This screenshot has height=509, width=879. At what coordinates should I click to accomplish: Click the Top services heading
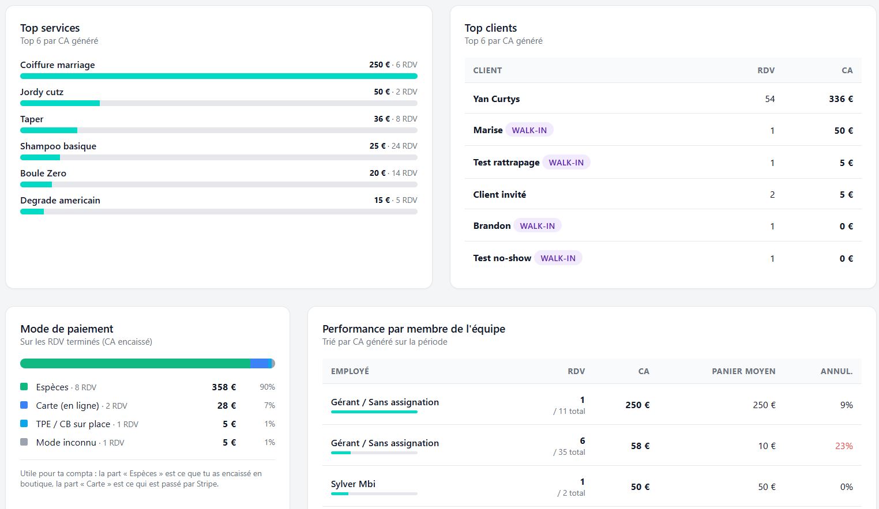[x=50, y=28]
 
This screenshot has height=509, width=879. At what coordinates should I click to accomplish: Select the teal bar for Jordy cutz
[x=60, y=103]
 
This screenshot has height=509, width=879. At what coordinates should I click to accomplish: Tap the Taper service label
[x=32, y=119]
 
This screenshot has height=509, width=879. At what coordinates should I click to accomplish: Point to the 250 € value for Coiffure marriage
[x=380, y=65]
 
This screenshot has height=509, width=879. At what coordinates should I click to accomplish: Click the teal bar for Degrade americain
[x=32, y=212]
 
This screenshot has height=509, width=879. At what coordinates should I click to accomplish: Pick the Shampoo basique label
[x=58, y=146]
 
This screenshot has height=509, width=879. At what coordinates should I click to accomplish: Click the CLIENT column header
[x=487, y=70]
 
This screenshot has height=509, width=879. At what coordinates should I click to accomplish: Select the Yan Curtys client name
[x=497, y=99]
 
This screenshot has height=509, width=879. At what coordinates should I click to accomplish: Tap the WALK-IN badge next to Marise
[x=529, y=130]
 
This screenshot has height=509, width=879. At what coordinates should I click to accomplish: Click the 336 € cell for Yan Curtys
[x=841, y=99]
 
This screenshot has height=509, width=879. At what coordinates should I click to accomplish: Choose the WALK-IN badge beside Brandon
[x=537, y=226]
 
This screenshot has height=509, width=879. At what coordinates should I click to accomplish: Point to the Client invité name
[x=499, y=194]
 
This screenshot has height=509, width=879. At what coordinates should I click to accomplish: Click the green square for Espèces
[x=24, y=387]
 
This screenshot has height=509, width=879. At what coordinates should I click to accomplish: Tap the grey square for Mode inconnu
[x=24, y=442]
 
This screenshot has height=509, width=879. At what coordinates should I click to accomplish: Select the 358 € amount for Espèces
[x=224, y=387]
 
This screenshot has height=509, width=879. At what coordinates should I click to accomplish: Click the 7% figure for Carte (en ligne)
[x=269, y=405]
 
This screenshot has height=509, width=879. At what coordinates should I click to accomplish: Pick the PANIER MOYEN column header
[x=743, y=371]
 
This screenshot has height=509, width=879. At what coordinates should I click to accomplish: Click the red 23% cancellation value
[x=844, y=446]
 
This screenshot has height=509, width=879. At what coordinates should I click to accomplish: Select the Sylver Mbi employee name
[x=353, y=484]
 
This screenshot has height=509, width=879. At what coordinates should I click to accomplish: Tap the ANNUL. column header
[x=837, y=371]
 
